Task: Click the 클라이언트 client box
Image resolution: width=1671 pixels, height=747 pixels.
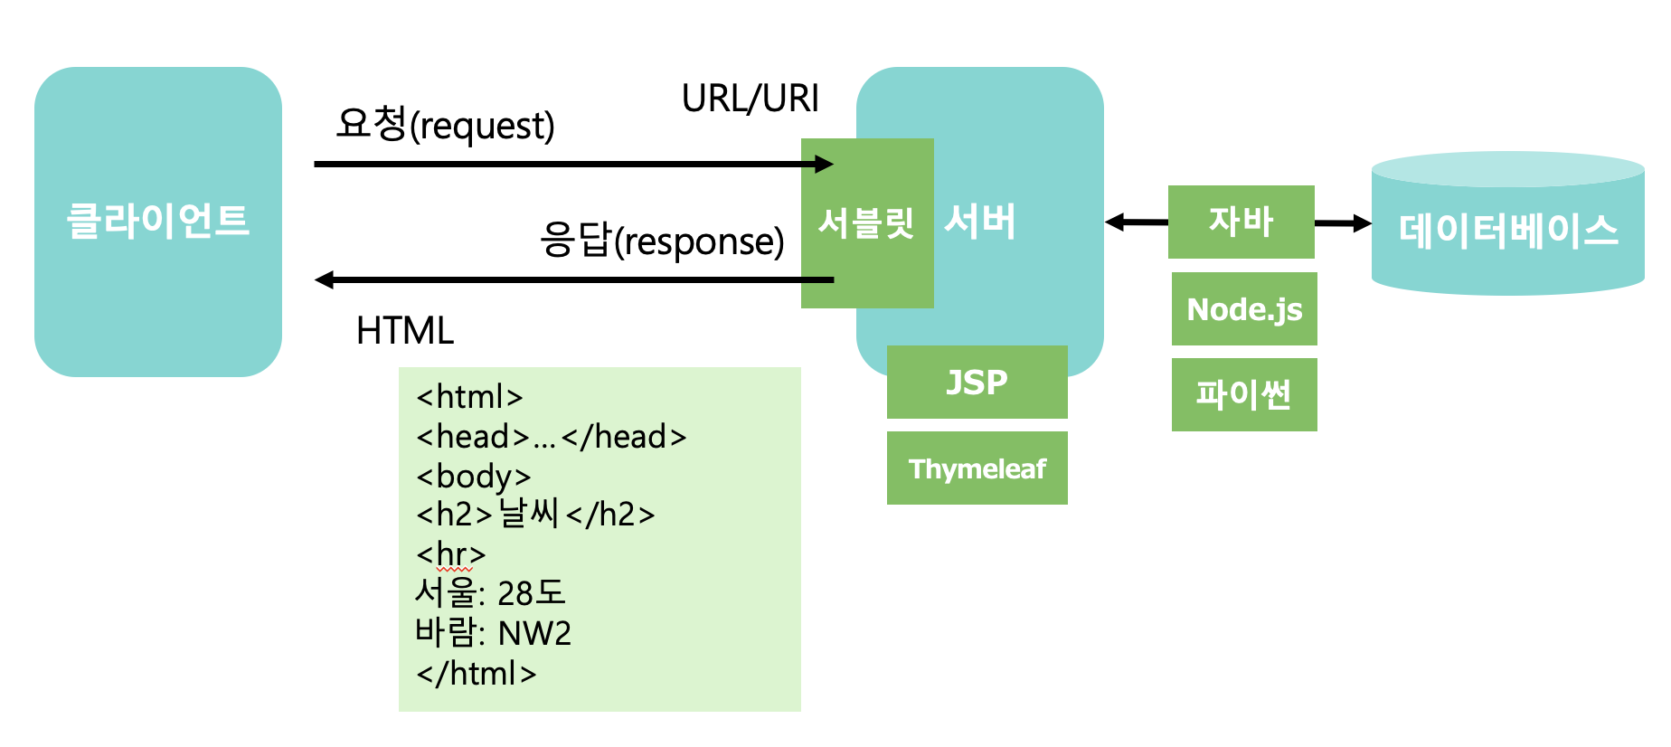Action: click(x=158, y=222)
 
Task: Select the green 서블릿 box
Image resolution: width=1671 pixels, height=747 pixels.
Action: click(x=866, y=222)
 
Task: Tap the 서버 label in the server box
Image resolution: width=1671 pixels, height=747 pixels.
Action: click(x=980, y=222)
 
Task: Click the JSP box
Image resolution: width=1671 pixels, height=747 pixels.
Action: click(x=977, y=382)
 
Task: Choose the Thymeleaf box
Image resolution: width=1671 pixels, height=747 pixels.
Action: click(x=977, y=468)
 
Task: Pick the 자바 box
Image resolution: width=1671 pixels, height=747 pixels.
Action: click(x=1241, y=222)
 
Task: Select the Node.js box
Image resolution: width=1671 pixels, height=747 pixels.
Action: click(x=1244, y=309)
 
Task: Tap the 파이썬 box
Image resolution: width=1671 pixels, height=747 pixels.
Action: click(x=1244, y=394)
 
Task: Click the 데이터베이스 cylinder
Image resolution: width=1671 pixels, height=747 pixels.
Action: click(x=1507, y=230)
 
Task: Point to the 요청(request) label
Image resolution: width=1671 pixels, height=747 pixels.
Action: click(x=445, y=125)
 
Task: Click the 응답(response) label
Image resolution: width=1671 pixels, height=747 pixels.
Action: click(x=662, y=241)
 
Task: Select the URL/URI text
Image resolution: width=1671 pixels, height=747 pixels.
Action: click(x=750, y=99)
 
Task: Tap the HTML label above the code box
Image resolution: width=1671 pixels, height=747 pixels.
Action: click(x=404, y=331)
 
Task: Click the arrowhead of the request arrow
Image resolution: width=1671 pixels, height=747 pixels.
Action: click(x=824, y=164)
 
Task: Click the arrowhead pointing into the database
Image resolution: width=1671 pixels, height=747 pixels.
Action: click(x=1362, y=223)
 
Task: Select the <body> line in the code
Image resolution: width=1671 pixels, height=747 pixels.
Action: click(x=473, y=477)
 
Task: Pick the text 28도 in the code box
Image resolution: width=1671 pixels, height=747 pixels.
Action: click(x=531, y=593)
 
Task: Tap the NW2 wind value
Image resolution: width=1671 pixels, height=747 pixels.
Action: click(x=534, y=633)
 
